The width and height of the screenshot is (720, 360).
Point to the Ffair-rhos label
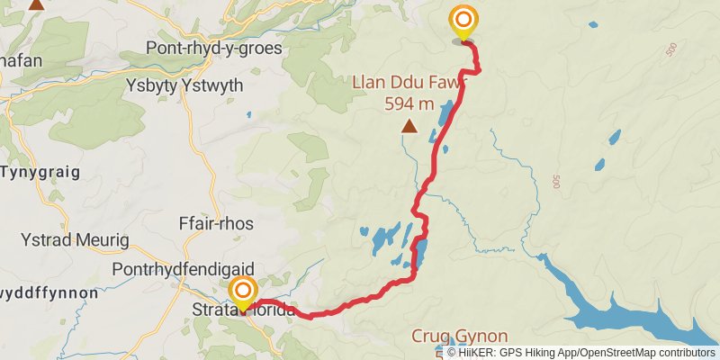[216, 223]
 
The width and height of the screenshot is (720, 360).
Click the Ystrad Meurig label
[75, 240]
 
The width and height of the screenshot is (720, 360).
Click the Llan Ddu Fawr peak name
[409, 85]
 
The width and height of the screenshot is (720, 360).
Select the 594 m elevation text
[409, 104]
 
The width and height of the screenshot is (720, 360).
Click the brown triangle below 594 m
[409, 128]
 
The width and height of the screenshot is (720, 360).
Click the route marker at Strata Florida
[242, 292]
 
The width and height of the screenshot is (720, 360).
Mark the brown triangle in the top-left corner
[36, 4]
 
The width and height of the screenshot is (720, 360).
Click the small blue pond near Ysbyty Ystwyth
[247, 114]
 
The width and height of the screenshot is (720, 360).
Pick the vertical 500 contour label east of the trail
[557, 181]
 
